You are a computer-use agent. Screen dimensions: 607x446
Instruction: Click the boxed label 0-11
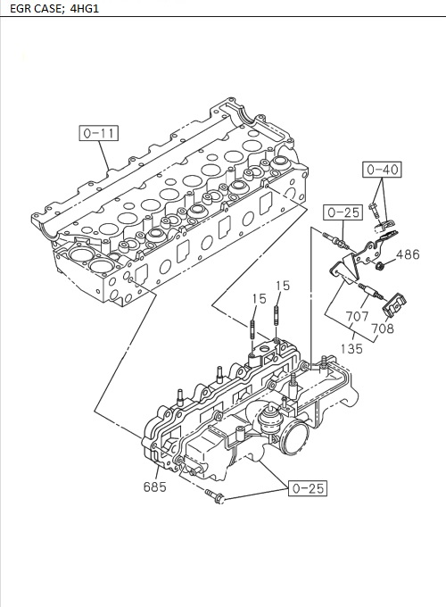pos(98,135)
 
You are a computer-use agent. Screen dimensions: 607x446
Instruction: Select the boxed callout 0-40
pos(383,170)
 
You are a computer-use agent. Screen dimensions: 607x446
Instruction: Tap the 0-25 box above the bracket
pos(343,212)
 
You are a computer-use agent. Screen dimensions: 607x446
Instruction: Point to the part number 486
pos(408,255)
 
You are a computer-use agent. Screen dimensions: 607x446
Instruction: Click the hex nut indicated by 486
pos(379,265)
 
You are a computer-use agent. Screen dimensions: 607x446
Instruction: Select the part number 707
pos(357,316)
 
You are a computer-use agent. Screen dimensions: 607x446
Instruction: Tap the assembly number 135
pos(351,349)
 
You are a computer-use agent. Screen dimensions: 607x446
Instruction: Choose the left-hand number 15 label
pos(259,298)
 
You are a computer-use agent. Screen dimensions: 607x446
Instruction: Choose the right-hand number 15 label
pos(283,286)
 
